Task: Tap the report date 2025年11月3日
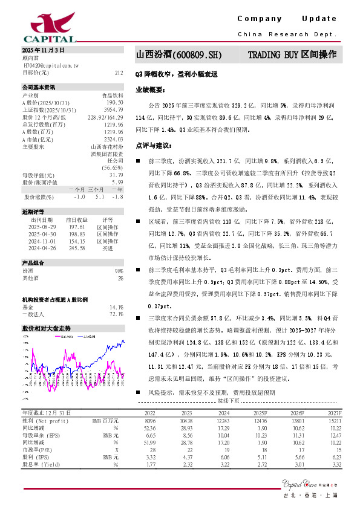point(42,50)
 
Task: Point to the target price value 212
point(119,72)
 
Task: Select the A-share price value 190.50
point(115,103)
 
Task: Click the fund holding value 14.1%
point(116,307)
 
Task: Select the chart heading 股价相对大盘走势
point(42,328)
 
